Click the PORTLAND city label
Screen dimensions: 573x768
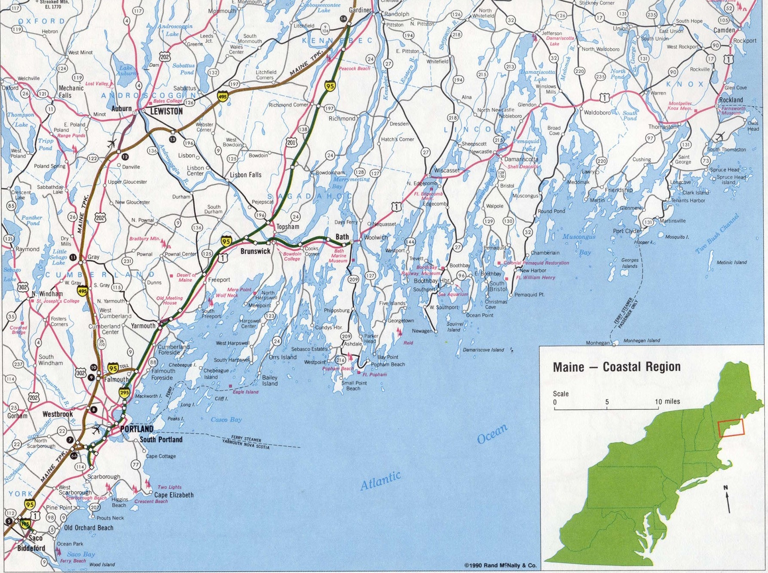click(x=136, y=429)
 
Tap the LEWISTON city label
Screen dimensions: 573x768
click(x=166, y=111)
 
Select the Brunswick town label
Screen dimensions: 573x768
click(x=255, y=251)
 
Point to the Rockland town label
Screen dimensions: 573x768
click(x=731, y=100)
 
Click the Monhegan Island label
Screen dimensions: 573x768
click(x=641, y=340)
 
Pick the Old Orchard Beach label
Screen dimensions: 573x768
click(x=89, y=528)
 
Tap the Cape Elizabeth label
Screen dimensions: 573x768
click(x=174, y=495)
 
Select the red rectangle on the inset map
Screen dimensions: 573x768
click(x=731, y=428)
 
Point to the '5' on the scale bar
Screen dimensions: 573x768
click(x=607, y=402)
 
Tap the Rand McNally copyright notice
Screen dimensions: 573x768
click(x=500, y=565)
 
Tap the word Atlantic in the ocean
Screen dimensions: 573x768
click(x=380, y=481)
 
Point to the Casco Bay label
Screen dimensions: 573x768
click(x=226, y=419)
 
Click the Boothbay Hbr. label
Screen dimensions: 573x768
click(x=431, y=280)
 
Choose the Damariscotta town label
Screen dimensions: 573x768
click(x=521, y=159)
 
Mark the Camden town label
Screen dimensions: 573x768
click(x=724, y=30)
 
